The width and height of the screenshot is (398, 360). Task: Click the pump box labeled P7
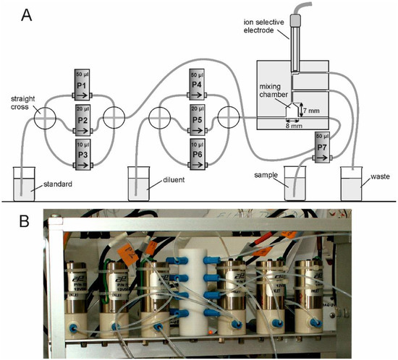(x=322, y=148)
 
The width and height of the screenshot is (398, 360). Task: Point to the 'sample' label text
(x=268, y=174)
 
